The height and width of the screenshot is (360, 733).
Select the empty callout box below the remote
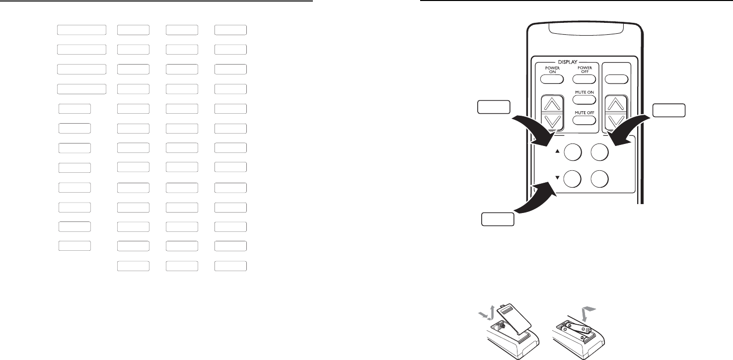[498, 219]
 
